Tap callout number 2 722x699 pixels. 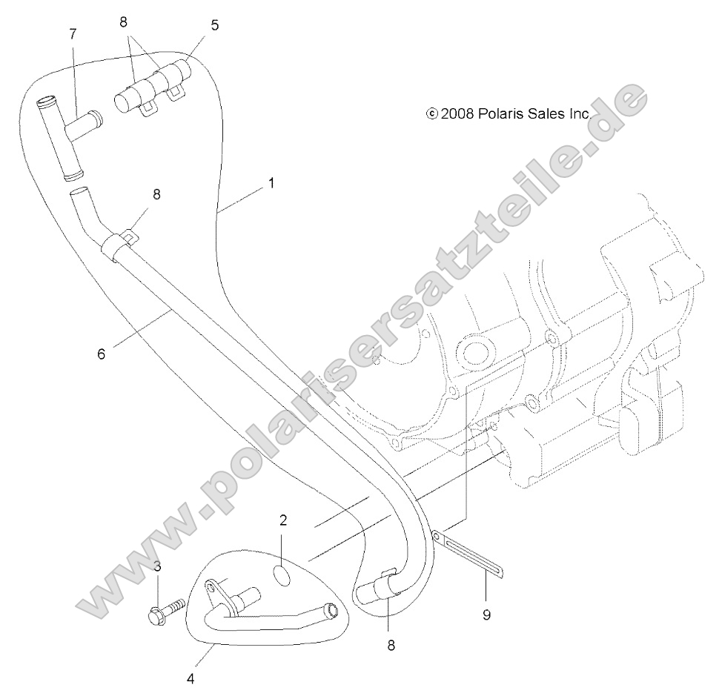point(283,520)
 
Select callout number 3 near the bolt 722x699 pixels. point(157,567)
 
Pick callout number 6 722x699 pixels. point(102,354)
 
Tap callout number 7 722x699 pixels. point(73,33)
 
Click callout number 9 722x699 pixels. point(486,614)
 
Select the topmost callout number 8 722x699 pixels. point(124,22)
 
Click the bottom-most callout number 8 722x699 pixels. point(391,645)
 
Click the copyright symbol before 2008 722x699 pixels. point(431,113)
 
